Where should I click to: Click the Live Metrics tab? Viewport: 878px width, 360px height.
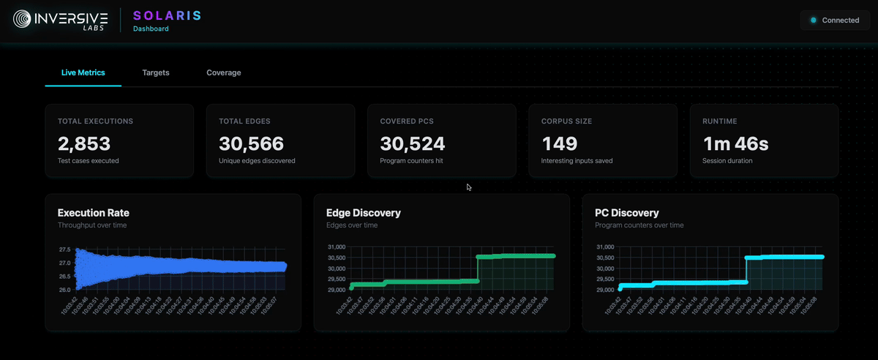tap(83, 73)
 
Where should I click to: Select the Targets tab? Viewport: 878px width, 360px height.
tap(156, 73)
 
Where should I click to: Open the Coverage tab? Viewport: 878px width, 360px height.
tap(224, 73)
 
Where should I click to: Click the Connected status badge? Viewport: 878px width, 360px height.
tap(834, 20)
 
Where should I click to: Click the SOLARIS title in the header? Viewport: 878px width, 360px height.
tap(167, 15)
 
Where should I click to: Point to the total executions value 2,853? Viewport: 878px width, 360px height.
tap(84, 143)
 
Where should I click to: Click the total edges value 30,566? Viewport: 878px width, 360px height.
tap(252, 143)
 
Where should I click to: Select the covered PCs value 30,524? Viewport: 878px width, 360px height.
tap(413, 143)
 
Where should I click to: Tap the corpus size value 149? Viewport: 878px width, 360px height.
tap(560, 143)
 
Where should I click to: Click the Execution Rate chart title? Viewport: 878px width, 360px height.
tap(94, 213)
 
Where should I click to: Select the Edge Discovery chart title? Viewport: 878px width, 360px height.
tap(364, 213)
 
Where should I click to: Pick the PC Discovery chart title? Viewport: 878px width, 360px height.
tap(627, 213)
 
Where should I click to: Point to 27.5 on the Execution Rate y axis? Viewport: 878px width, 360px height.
tap(64, 250)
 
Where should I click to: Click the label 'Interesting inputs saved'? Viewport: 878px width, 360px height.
tap(577, 161)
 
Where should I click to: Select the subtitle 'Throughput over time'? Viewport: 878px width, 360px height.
tap(91, 225)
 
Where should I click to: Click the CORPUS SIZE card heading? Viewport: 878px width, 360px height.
tap(566, 121)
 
